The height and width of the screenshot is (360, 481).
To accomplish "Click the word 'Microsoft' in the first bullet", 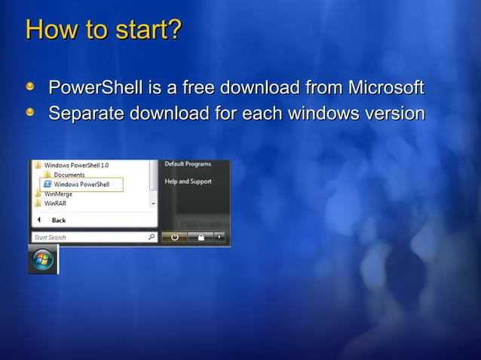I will coord(384,87).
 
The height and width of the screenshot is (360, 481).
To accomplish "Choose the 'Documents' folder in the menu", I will coord(69,175).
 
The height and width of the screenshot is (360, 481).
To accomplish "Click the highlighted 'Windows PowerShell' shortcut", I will coord(81,185).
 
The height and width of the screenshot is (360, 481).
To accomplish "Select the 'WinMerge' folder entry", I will coord(58,194).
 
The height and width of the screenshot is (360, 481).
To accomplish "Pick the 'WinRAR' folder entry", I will coord(55,203).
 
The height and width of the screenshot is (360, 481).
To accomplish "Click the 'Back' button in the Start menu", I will coord(58,220).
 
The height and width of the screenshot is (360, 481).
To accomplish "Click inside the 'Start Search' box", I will coord(83,237).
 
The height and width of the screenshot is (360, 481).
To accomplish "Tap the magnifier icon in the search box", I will coord(152,237).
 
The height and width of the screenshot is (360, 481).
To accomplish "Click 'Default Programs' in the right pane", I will coord(188,164).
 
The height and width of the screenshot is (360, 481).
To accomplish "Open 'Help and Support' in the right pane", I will coord(188,182).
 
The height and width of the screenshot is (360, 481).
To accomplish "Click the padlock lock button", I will coord(201,236).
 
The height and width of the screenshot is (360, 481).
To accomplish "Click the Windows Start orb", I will coord(43,259).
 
